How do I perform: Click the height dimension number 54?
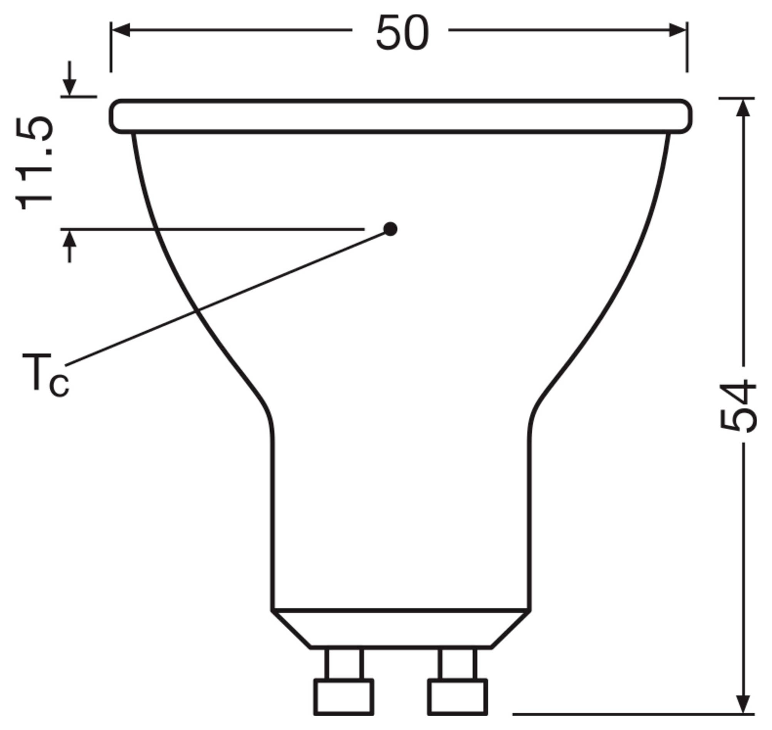coord(738,407)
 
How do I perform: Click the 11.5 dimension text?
coord(34,163)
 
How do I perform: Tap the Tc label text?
coord(45,375)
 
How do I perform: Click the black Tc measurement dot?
coord(390,229)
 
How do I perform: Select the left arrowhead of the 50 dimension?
coord(121,30)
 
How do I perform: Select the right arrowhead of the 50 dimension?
coord(677,30)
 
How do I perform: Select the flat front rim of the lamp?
coord(400,116)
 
